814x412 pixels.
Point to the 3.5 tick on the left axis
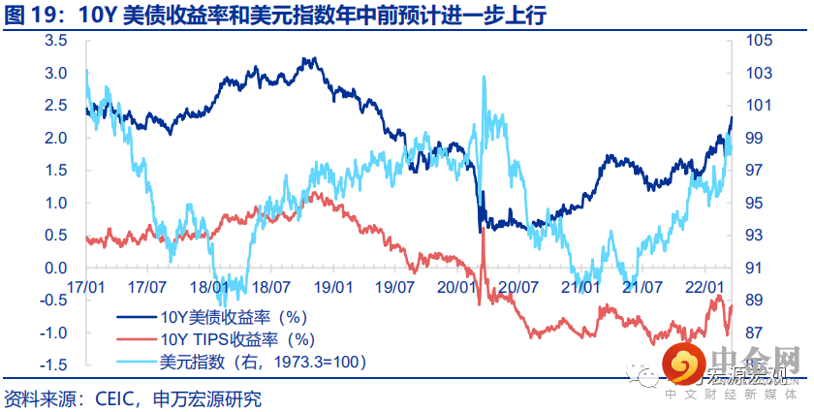(54, 41)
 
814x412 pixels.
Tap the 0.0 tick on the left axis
(54, 268)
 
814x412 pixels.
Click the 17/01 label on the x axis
(87, 288)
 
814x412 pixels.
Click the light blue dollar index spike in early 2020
(483, 79)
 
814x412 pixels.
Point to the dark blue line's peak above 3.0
(308, 60)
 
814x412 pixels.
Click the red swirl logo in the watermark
(685, 367)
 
